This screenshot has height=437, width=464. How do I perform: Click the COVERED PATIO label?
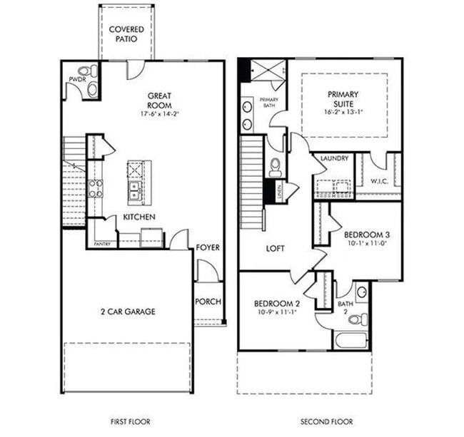tap(126, 35)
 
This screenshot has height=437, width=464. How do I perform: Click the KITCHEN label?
tap(141, 217)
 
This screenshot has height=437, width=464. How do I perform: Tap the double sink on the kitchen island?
tap(133, 190)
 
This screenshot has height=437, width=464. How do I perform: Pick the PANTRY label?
tap(102, 245)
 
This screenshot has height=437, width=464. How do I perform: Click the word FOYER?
tap(208, 247)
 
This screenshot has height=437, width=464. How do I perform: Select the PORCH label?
tap(208, 301)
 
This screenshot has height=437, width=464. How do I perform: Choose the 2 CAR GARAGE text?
tap(128, 311)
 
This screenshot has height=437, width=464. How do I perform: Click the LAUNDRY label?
tap(333, 158)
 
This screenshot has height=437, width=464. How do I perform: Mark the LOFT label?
tap(276, 249)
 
